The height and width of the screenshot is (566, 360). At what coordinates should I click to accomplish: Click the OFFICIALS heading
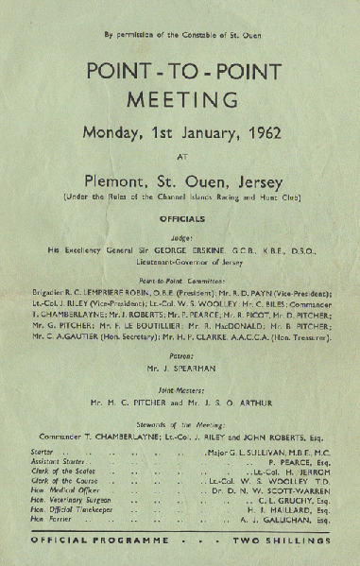(180, 215)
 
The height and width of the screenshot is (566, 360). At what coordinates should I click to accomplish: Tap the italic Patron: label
(180, 335)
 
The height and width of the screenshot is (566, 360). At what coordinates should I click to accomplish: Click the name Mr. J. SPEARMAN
(180, 350)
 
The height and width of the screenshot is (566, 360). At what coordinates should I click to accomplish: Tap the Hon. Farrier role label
(53, 519)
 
